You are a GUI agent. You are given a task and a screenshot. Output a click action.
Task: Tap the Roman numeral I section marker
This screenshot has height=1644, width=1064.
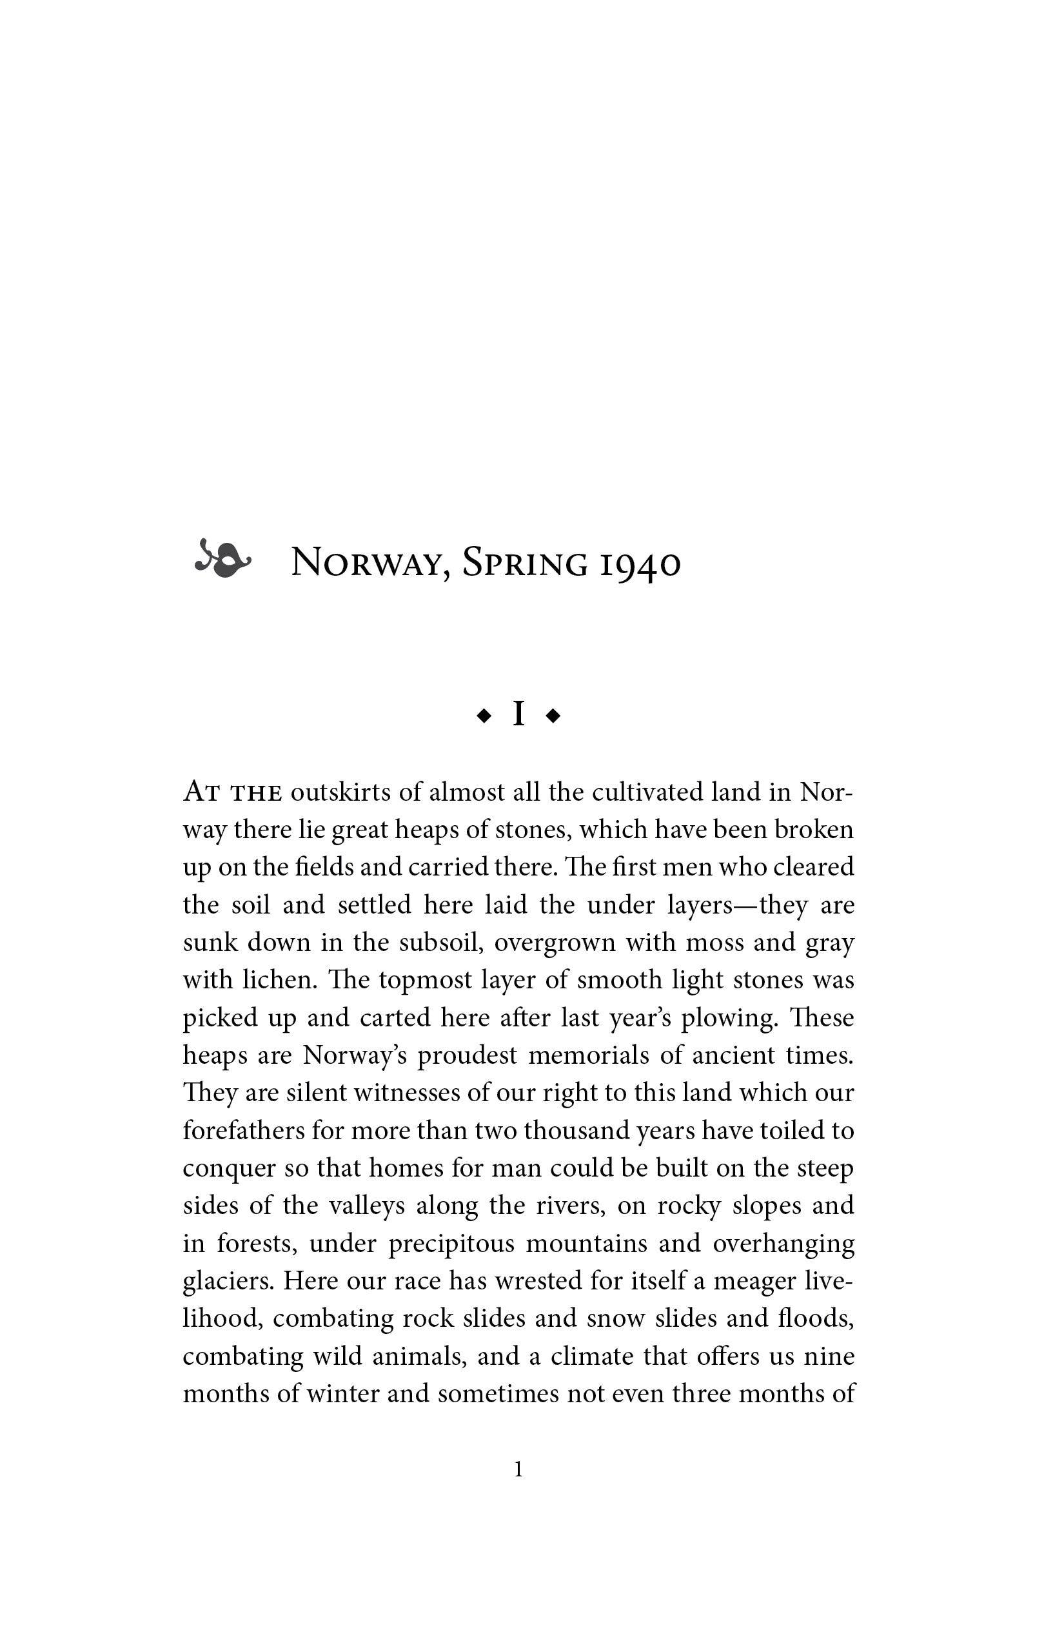click(x=519, y=714)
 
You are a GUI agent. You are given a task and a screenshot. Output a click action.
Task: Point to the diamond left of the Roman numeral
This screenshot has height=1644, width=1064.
click(x=484, y=716)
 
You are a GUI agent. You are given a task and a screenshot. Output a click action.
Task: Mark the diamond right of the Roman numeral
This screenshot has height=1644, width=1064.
click(x=553, y=716)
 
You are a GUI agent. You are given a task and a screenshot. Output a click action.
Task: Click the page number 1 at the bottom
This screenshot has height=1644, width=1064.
click(x=519, y=1469)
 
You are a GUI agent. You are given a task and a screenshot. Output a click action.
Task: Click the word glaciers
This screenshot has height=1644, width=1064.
click(x=229, y=1282)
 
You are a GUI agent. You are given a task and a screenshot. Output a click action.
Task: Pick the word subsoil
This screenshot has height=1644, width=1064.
click(x=439, y=942)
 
